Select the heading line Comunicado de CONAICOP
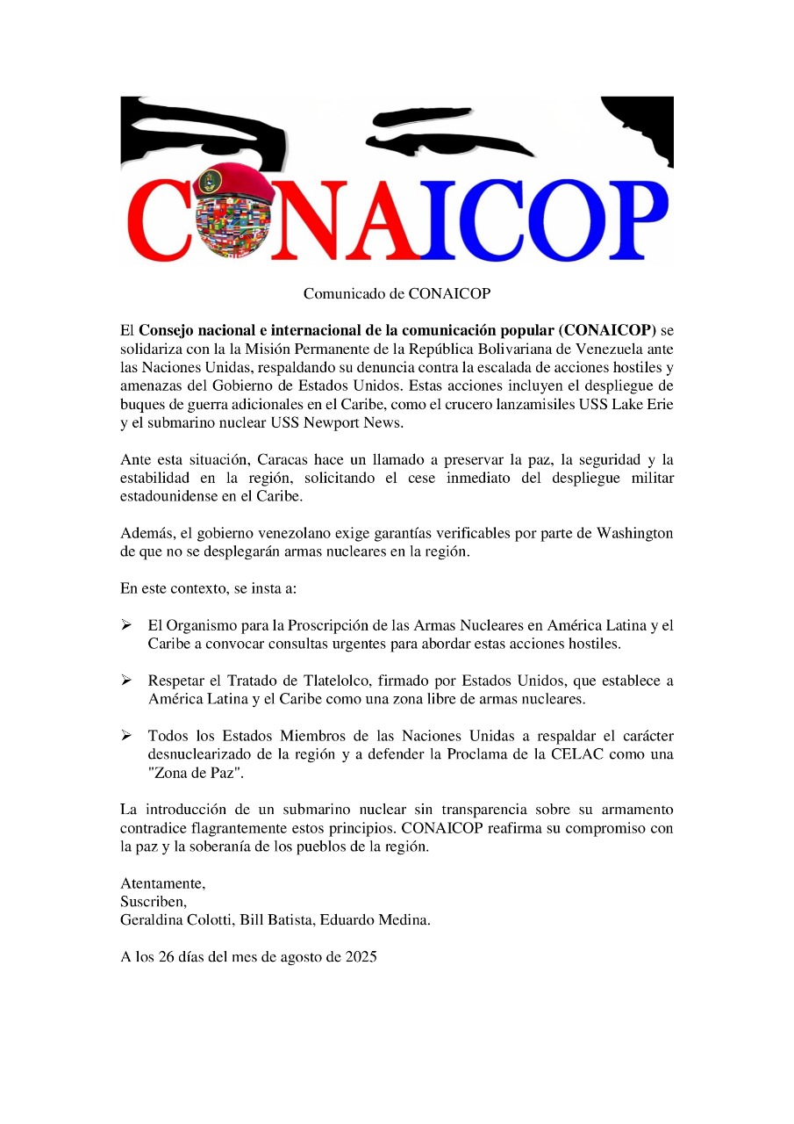[x=397, y=293]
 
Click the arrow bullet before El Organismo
[x=126, y=625]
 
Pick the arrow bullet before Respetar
[x=126, y=681]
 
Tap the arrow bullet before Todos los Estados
[x=126, y=735]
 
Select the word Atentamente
[x=162, y=883]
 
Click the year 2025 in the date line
[x=358, y=957]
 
